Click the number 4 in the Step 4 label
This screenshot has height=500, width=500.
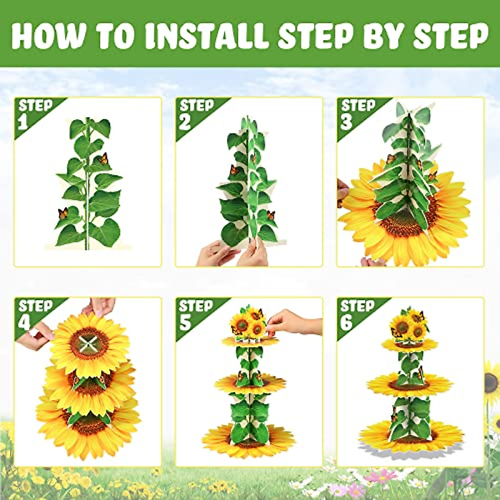click(x=24, y=323)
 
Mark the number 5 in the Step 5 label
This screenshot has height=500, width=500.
click(x=185, y=323)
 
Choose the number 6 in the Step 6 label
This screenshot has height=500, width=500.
click(x=346, y=323)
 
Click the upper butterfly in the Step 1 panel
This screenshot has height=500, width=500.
click(x=103, y=159)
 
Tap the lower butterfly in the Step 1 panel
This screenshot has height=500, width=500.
click(x=63, y=214)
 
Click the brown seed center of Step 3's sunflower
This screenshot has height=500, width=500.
click(x=402, y=223)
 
